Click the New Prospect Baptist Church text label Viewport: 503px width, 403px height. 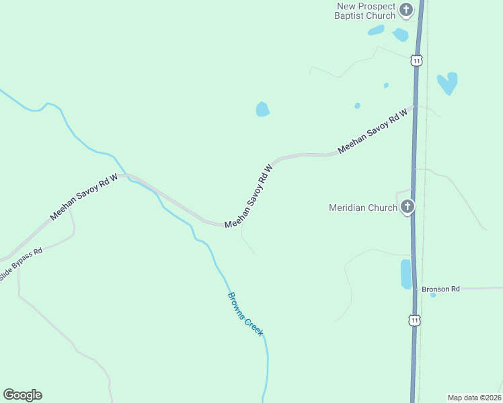pos(366,11)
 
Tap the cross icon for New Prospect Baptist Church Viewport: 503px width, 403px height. pos(405,10)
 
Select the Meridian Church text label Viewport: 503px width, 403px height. pos(363,208)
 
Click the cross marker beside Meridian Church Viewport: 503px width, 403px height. pos(407,207)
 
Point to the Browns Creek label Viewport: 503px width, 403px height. pos(245,314)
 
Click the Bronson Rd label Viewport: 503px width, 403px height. pos(440,289)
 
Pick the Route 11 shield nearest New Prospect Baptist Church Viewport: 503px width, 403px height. pos(417,60)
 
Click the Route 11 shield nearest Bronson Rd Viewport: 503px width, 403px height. pos(414,320)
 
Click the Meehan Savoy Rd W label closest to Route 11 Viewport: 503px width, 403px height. pos(374,130)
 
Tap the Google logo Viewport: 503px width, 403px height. pos(22,395)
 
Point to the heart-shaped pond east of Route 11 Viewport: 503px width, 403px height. pos(447,83)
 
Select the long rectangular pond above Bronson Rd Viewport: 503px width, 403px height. pos(405,274)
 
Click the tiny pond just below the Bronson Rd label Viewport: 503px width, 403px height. pos(433,296)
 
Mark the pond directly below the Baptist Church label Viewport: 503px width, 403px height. pos(376,30)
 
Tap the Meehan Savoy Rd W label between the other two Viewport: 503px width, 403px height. pos(249,196)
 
